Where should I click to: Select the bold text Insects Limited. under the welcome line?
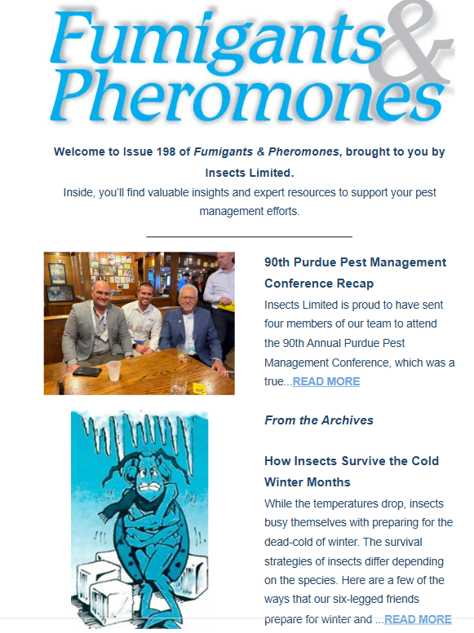point(249,173)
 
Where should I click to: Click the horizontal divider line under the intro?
point(249,236)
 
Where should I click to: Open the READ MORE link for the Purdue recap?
point(326,381)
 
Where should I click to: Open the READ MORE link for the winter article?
point(418,619)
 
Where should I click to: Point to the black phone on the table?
point(86,371)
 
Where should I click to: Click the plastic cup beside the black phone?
point(113,371)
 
